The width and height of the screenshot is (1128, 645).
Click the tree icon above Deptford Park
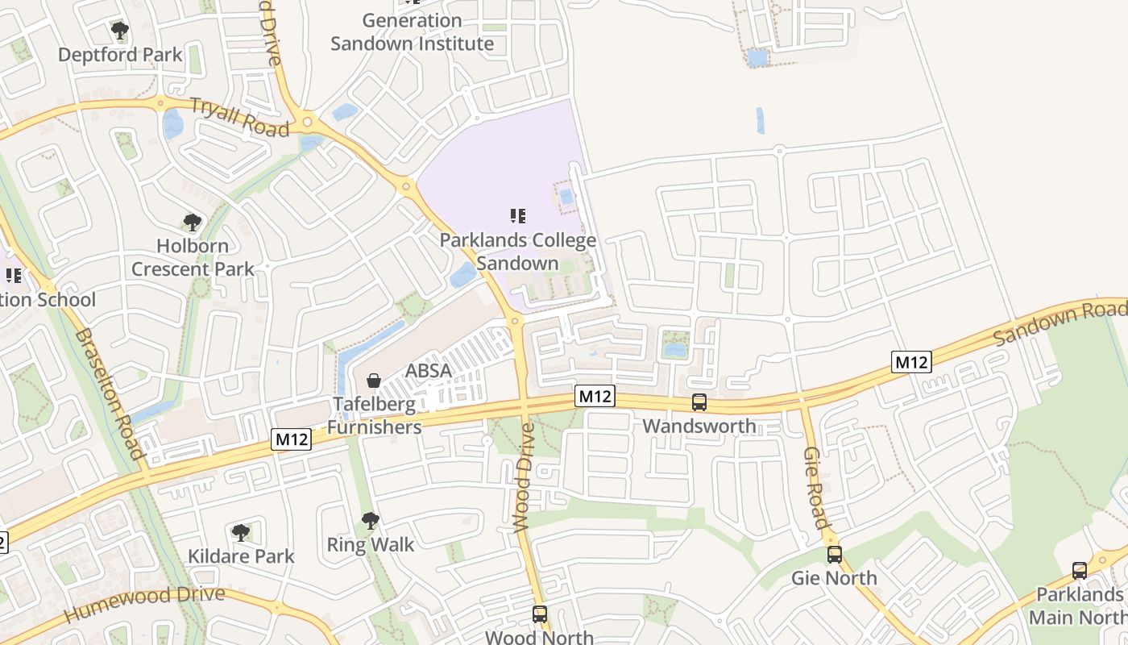(120, 31)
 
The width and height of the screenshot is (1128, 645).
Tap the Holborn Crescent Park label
(193, 257)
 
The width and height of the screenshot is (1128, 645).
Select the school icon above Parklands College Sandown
(518, 215)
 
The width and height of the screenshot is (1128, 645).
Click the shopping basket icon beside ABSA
(374, 380)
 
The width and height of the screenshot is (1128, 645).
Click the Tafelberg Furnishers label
(375, 415)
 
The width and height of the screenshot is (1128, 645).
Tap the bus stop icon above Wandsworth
(699, 402)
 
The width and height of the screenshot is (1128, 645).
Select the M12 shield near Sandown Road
(911, 362)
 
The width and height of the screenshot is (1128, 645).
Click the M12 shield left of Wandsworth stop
(595, 396)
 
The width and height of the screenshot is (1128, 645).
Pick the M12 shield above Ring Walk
(291, 439)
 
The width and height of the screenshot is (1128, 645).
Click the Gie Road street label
(815, 488)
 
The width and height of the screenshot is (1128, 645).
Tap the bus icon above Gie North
(834, 555)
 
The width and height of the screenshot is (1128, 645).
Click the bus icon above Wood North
(540, 614)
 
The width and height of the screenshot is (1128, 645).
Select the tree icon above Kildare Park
(240, 532)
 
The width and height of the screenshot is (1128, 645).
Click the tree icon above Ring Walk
(370, 521)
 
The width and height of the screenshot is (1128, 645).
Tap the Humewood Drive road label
(143, 604)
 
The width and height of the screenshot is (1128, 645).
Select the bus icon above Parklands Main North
(1080, 571)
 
